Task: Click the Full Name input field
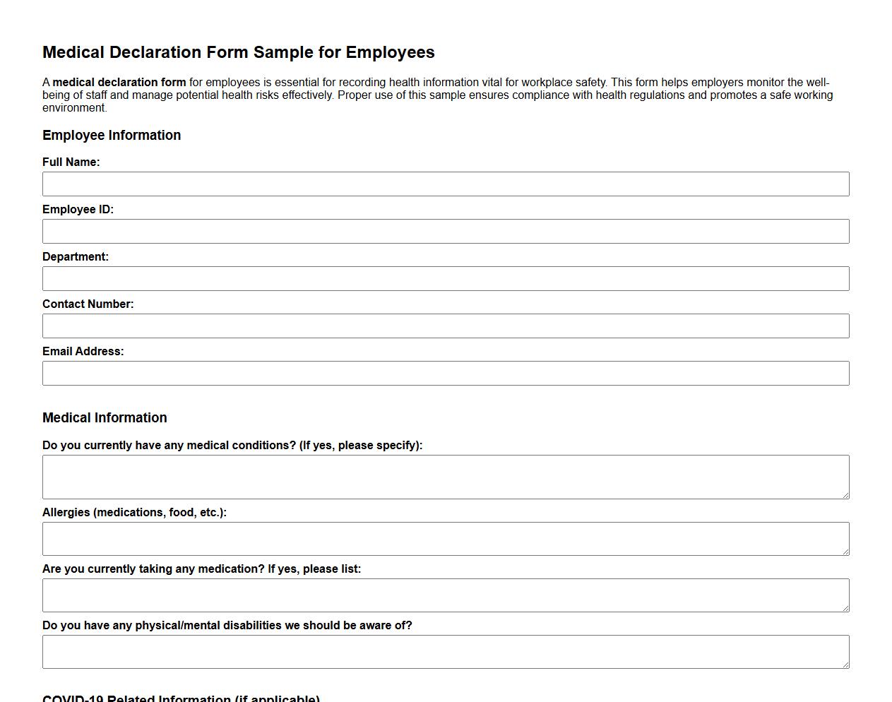coord(446,184)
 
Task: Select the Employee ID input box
coord(446,231)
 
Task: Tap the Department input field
coord(446,278)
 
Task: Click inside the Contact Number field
coord(446,326)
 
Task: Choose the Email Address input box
coord(446,373)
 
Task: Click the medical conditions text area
coord(446,477)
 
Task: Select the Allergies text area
coord(446,539)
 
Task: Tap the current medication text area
coord(446,595)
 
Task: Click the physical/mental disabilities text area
coord(446,652)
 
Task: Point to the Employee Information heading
coord(112,135)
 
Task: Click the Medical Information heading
coord(105,417)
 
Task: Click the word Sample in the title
coord(281,52)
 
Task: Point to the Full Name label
coord(71,162)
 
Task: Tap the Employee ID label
coord(78,209)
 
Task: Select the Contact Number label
coord(88,304)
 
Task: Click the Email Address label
coord(83,351)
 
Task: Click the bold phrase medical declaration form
coord(119,82)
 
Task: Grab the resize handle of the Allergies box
coord(845,551)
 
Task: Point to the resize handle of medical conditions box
coord(845,494)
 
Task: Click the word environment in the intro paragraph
coord(73,107)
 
